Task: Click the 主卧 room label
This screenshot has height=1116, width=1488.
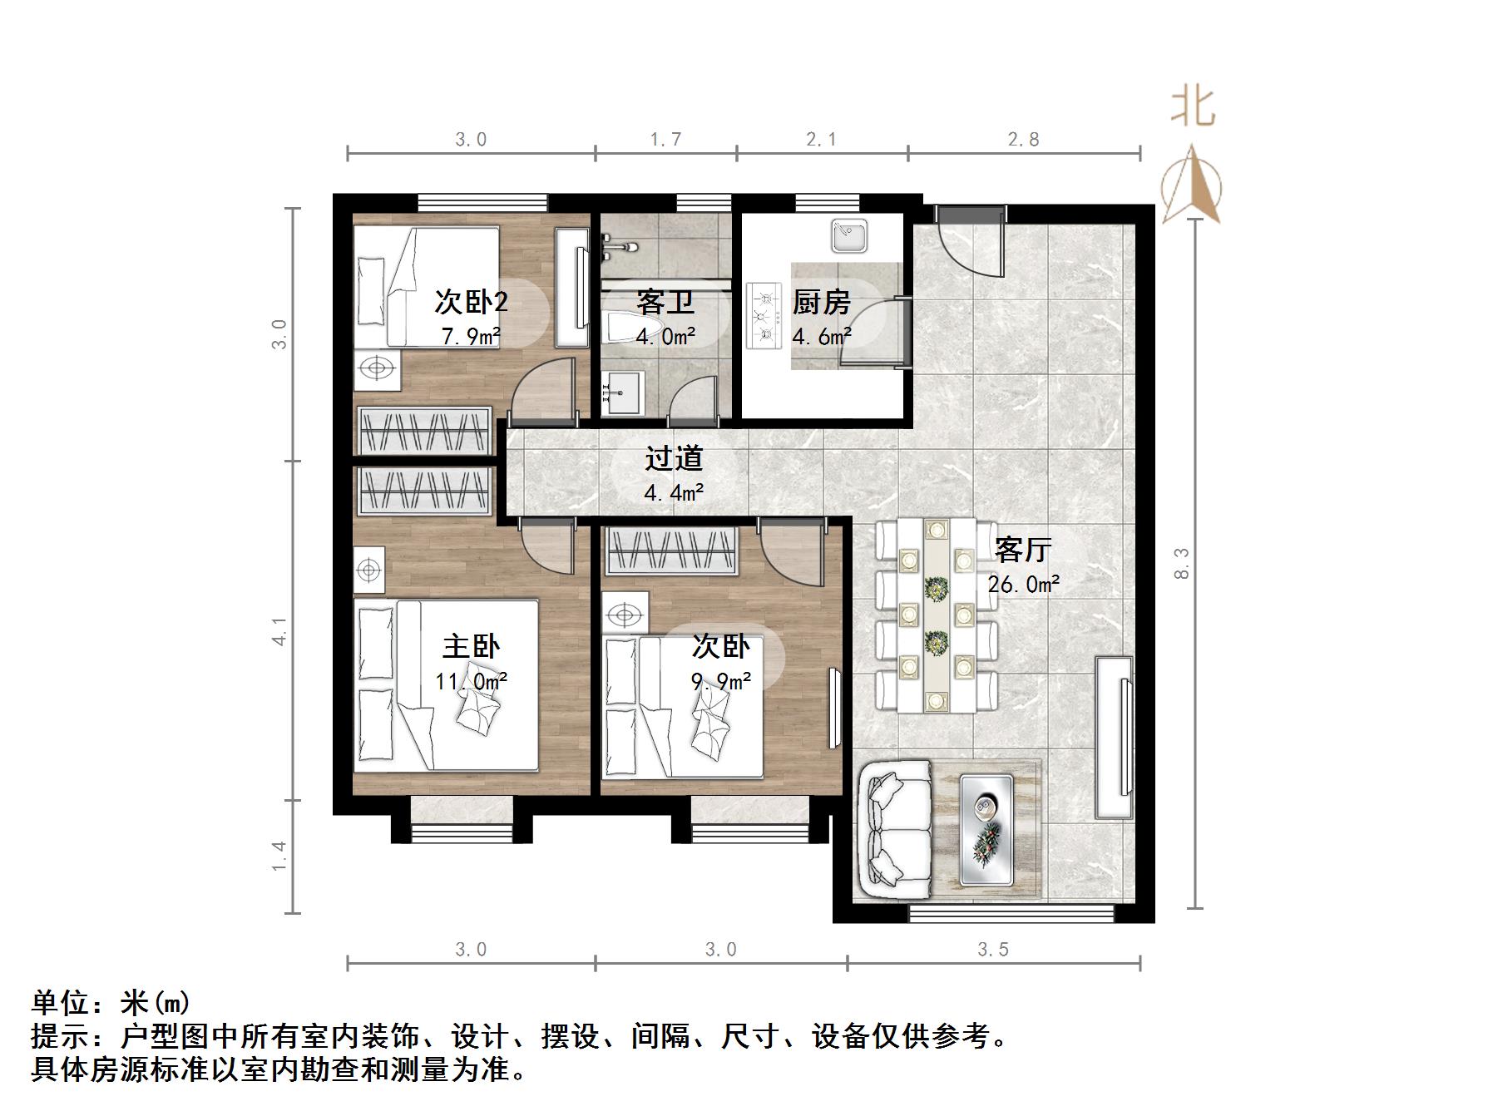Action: coord(471,646)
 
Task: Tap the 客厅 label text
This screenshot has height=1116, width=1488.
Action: coord(1023,550)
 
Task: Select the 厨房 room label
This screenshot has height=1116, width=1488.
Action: coord(821,302)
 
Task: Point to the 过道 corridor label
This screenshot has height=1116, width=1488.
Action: coord(674,458)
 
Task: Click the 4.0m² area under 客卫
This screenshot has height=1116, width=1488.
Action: coord(665,337)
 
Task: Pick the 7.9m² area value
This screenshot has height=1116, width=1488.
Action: coord(471,337)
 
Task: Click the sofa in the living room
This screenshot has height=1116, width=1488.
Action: coord(895,832)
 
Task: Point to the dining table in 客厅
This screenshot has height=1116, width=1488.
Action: coord(937,615)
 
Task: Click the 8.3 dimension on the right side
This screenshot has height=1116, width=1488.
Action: coord(1183,563)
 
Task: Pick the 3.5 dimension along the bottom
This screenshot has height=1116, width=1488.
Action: coord(993,950)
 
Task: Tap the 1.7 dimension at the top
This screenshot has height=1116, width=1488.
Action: coord(666,140)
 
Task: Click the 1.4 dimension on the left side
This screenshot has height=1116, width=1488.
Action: coord(279,857)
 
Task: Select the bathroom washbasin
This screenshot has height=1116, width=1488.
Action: coord(621,393)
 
